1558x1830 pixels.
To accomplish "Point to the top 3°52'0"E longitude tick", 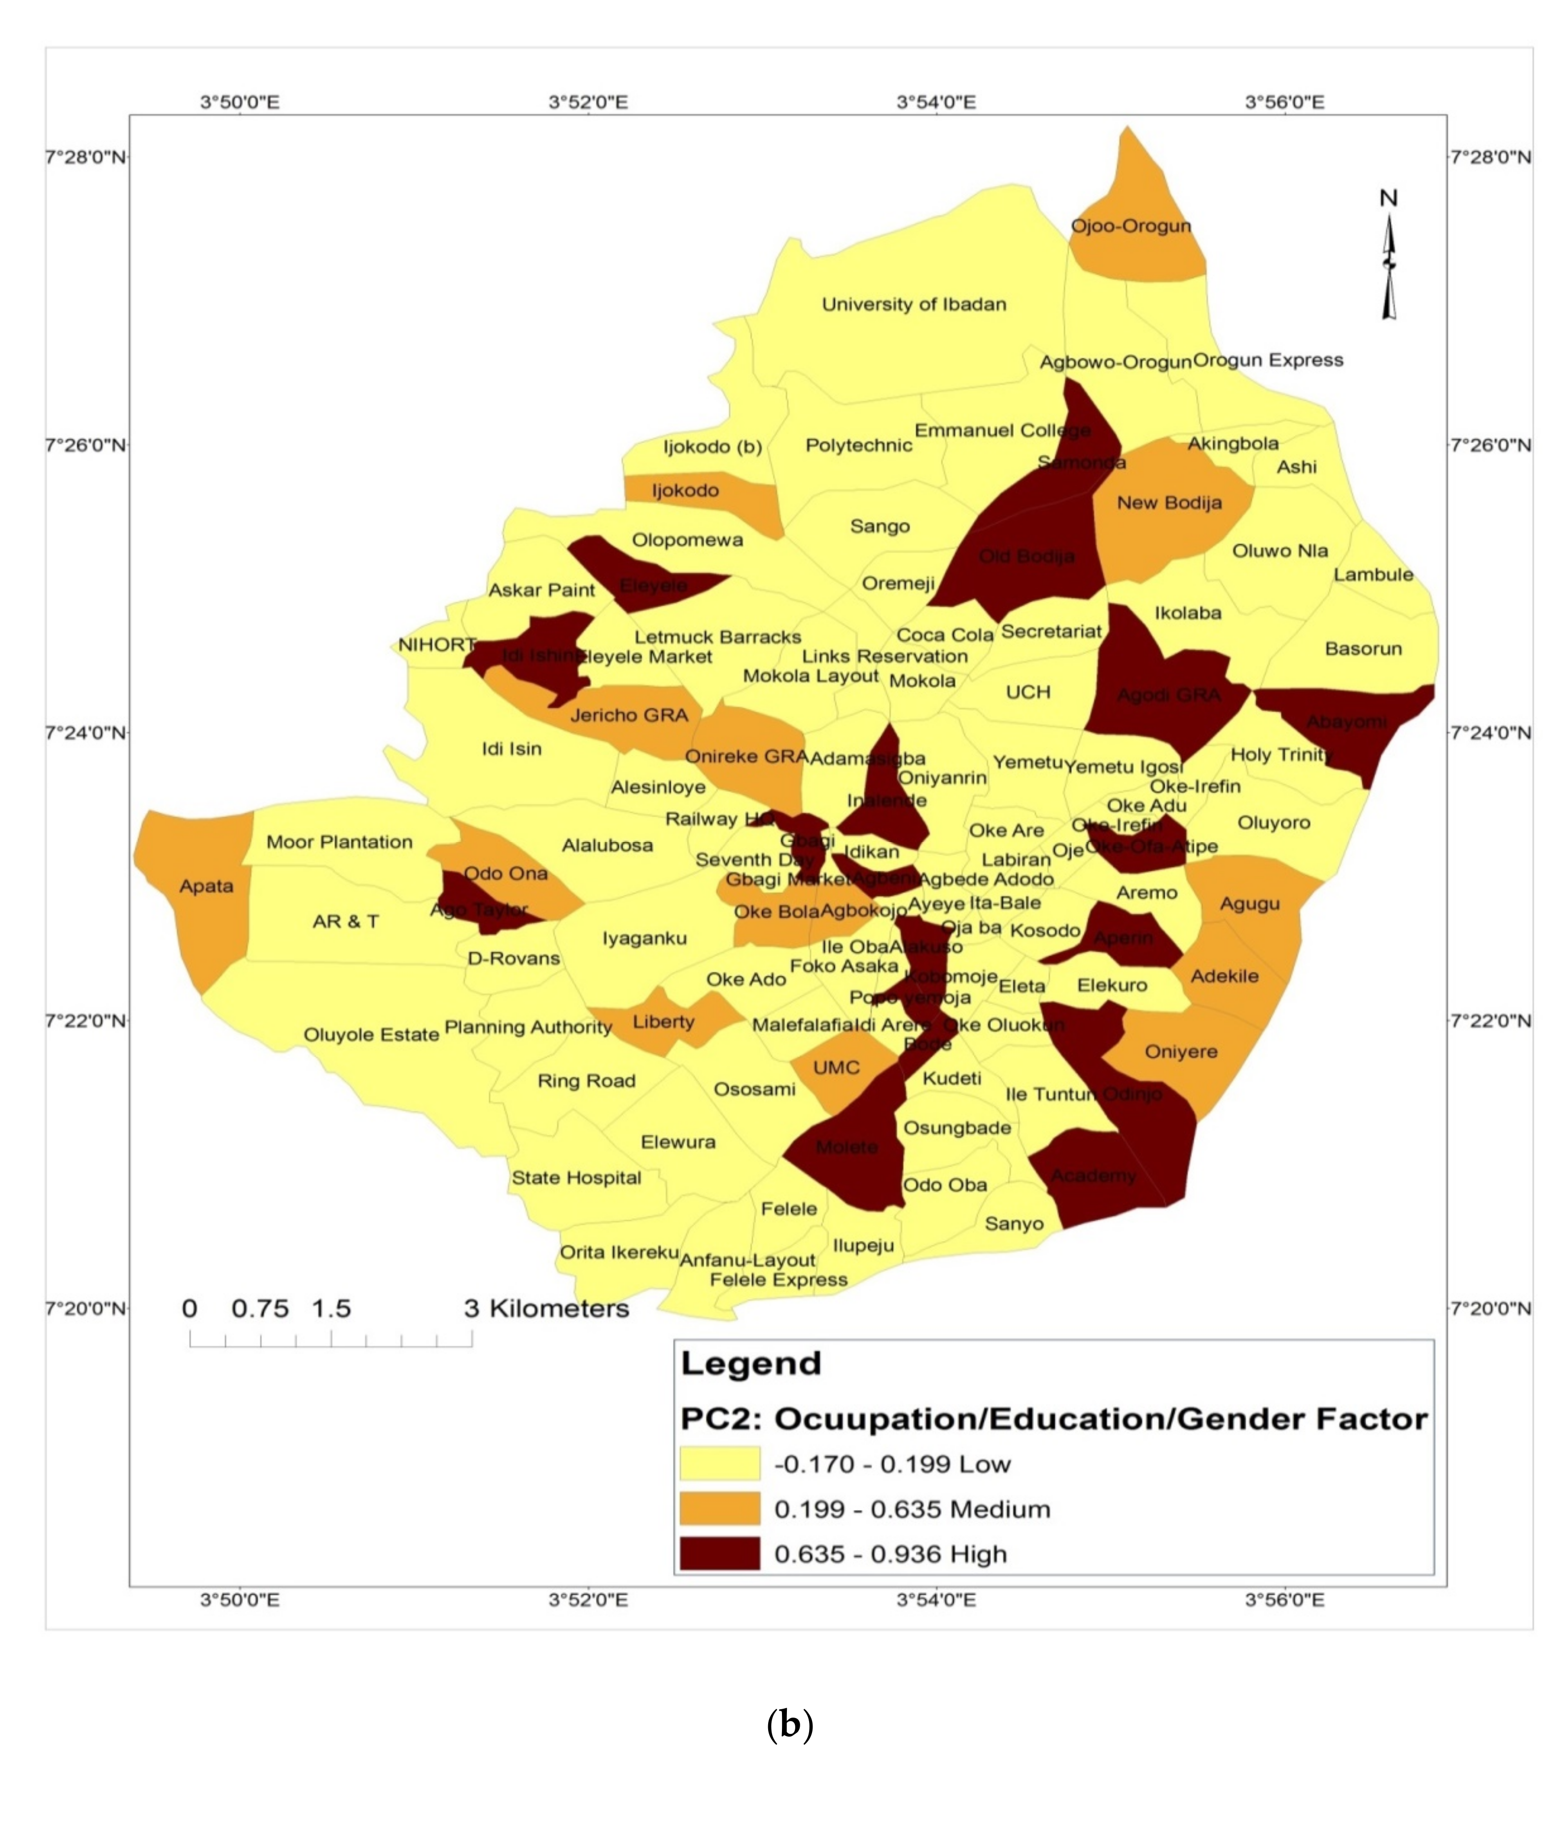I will click(588, 103).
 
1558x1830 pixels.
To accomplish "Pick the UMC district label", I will click(836, 1068).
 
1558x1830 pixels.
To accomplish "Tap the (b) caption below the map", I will click(789, 1725).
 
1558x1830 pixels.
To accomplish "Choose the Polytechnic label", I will click(858, 445).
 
